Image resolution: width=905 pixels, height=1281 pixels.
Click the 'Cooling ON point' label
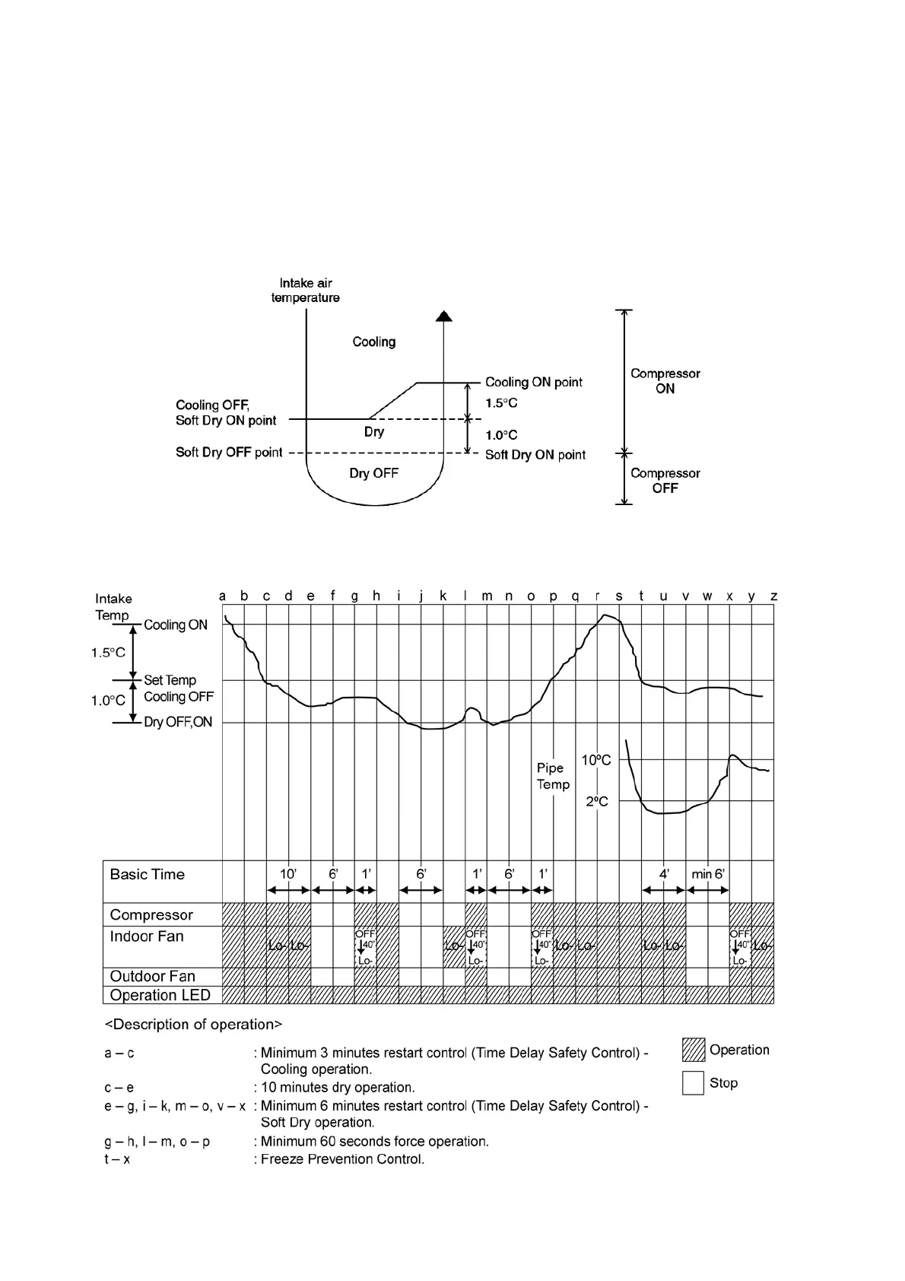click(x=533, y=382)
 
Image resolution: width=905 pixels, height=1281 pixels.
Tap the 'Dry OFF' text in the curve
click(x=373, y=473)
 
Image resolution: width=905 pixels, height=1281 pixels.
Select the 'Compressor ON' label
click(x=665, y=380)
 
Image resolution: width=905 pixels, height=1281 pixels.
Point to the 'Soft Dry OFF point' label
click(x=229, y=453)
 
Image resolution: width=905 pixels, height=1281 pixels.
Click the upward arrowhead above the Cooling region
click(x=445, y=316)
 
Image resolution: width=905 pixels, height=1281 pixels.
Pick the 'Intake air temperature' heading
click(x=306, y=290)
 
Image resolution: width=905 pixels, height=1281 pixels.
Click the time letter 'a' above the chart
click(x=222, y=596)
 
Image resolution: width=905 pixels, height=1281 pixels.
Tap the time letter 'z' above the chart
click(x=773, y=596)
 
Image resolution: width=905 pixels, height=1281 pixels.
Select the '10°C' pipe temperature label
click(x=596, y=760)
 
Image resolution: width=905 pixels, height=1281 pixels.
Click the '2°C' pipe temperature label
click(x=597, y=801)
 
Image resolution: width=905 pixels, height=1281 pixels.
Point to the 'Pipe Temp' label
click(x=553, y=776)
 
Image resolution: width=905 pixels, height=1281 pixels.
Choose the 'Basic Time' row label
click(x=147, y=874)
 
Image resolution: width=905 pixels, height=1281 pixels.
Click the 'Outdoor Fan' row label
click(x=152, y=976)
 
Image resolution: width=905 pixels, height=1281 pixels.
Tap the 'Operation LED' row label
click(x=160, y=995)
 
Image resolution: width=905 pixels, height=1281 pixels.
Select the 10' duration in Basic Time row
click(x=288, y=875)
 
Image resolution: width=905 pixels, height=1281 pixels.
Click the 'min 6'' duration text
click(x=708, y=875)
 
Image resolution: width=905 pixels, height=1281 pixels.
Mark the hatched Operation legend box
click(x=693, y=1050)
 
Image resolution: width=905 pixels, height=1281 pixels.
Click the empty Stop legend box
click(x=693, y=1082)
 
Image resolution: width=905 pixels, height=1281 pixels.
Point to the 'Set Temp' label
click(x=170, y=680)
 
